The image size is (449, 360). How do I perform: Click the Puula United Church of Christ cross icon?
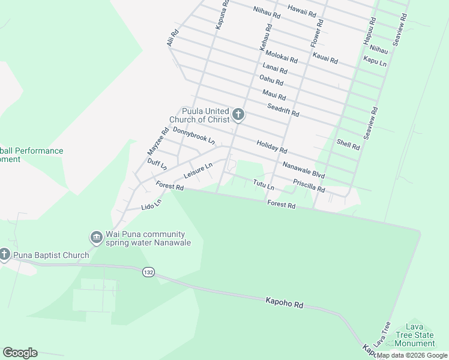238,115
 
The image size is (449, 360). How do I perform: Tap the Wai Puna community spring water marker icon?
96,238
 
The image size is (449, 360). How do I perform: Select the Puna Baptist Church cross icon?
4,255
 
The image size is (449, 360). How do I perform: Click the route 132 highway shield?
148,272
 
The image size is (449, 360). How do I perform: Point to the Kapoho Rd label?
285,302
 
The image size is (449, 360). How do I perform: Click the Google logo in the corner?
20,353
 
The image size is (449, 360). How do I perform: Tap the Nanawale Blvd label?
303,169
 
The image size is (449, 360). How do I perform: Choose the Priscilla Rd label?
309,185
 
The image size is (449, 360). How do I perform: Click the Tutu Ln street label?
264,185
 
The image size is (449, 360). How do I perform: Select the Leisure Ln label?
198,171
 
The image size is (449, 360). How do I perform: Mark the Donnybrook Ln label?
193,136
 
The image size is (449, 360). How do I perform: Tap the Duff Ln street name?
157,163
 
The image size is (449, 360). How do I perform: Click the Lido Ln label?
151,205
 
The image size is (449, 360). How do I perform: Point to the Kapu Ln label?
375,61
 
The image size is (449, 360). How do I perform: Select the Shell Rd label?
348,143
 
